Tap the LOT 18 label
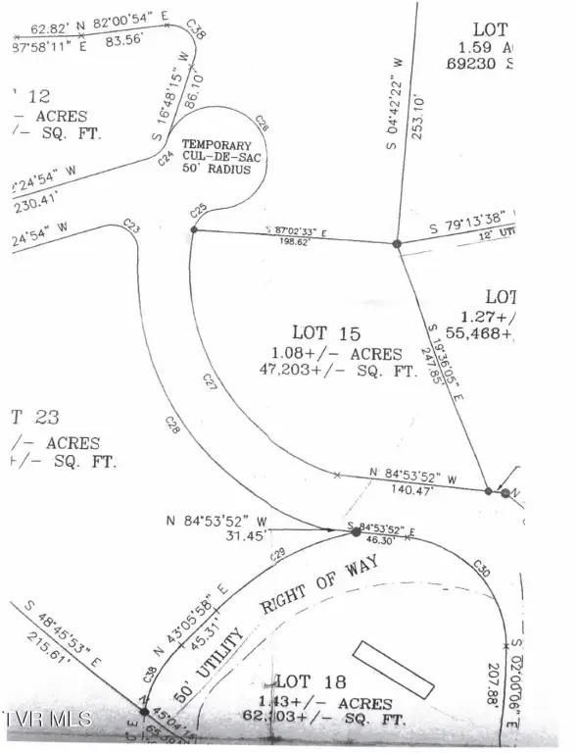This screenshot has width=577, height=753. pos(306,680)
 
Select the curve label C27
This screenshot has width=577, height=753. pos(209,380)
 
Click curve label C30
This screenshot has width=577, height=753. pos(481,567)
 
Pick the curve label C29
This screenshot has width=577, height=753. pos(279,556)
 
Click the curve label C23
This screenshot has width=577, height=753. pos(130,227)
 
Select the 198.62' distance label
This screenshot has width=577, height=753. pos(294,241)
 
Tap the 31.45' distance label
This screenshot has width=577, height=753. pos(231,534)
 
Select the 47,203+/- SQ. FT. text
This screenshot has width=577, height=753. pos(331,371)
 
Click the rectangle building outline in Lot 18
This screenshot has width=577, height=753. pos(392,671)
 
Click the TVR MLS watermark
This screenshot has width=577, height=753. pos(47,719)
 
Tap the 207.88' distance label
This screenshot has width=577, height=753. pos(493,686)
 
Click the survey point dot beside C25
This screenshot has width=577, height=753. pos(193,229)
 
